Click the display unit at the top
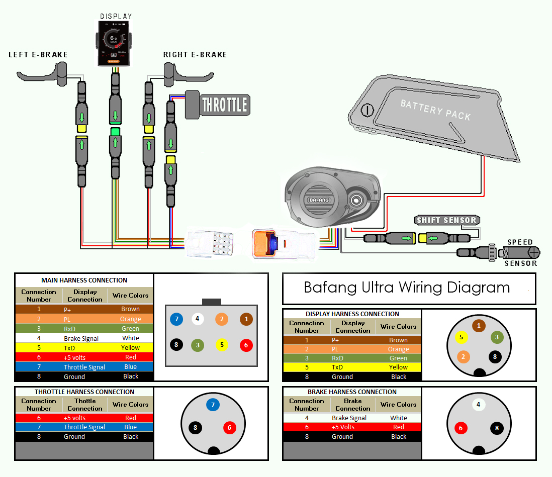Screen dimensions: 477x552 coord(115,42)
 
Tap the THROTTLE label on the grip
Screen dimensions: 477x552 coord(224,105)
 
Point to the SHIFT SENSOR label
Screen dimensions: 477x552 coord(446,220)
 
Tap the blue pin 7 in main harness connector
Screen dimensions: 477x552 coord(176,319)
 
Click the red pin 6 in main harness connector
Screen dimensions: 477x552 coord(246,345)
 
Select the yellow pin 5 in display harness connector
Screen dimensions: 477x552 coord(461,337)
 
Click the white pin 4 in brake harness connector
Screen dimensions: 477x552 coord(479,405)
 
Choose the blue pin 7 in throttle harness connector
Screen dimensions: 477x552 coord(213,405)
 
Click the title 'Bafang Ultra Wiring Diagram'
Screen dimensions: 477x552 coord(407,288)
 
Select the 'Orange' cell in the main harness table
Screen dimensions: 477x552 coord(131,319)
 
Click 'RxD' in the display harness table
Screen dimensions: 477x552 coord(337,358)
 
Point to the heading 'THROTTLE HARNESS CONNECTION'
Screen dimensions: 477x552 coord(84,392)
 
